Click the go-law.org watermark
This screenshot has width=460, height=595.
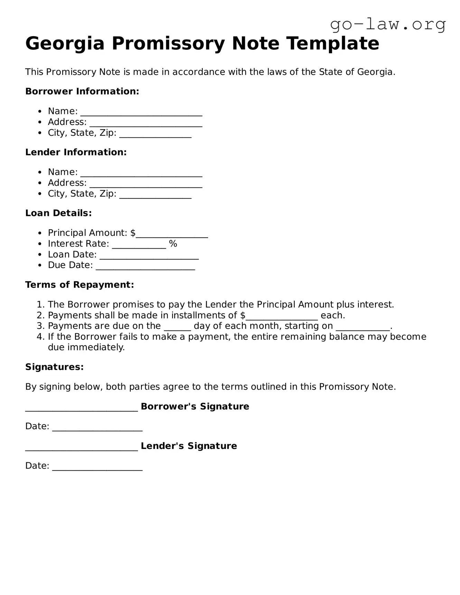388,25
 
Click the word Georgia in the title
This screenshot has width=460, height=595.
65,44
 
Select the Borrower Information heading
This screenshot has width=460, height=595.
82,92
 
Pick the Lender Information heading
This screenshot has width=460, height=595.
76,152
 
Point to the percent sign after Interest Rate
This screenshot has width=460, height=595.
173,244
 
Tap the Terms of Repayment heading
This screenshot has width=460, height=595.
79,285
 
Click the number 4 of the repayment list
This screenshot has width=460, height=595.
40,337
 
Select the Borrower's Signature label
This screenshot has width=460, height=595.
195,406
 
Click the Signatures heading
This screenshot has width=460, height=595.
54,367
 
